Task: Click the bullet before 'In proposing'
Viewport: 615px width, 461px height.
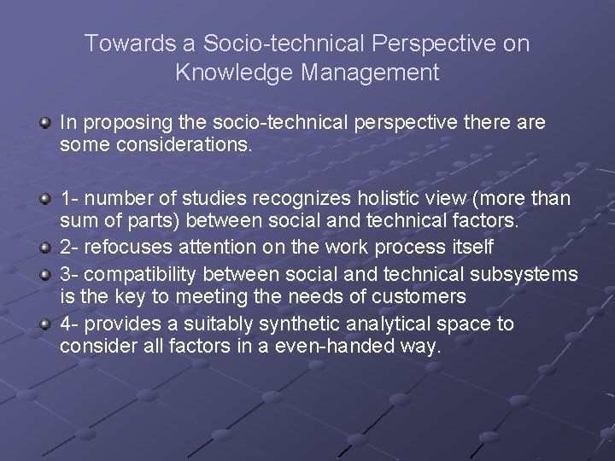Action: click(44, 124)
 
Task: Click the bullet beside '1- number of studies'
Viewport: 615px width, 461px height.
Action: click(44, 199)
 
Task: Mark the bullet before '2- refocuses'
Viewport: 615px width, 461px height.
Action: click(44, 248)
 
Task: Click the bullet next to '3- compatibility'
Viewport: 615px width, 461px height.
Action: click(44, 275)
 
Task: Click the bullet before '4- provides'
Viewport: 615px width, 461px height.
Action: click(44, 324)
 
